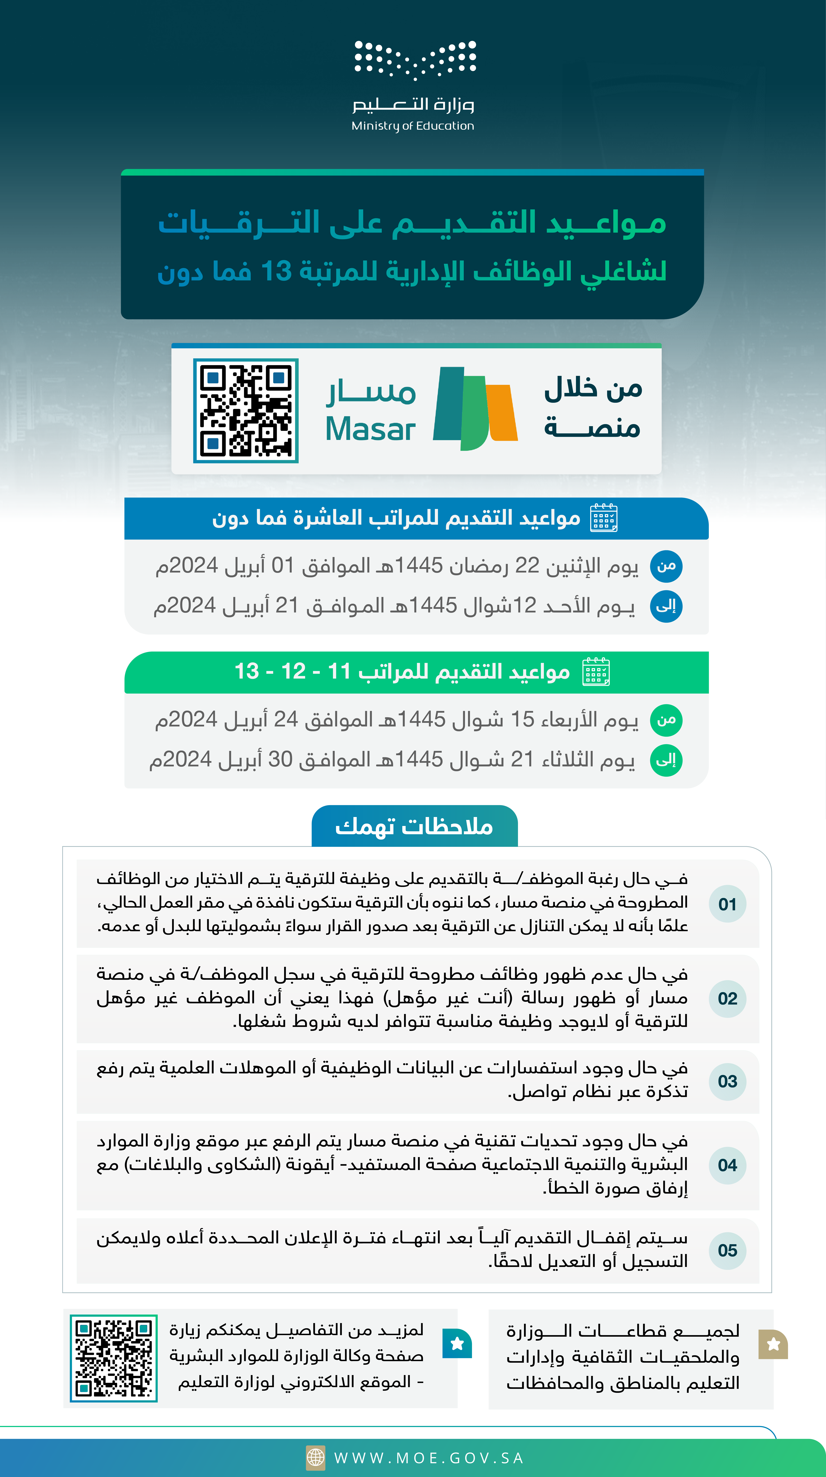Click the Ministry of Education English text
[x=413, y=126]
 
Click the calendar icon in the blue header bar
[x=604, y=518]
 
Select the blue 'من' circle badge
[x=666, y=566]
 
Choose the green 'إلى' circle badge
[x=666, y=760]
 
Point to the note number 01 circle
[x=727, y=904]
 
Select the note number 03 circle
[x=727, y=1081]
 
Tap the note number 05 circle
[x=727, y=1251]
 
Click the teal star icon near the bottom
[x=457, y=1343]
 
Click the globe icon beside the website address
[x=315, y=1458]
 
